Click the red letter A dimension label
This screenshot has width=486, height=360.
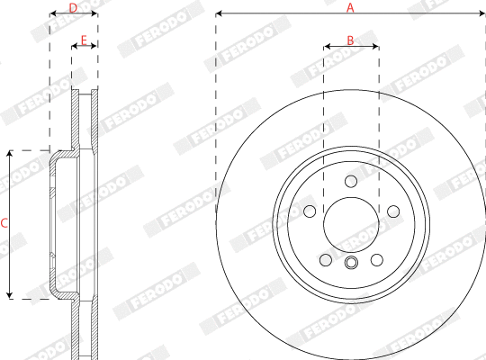351,6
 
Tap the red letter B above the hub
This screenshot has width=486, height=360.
351,41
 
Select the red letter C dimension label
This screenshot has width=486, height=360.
4,223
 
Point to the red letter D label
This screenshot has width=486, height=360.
73,7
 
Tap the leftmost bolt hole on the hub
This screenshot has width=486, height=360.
310,211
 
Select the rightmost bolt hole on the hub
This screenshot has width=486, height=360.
392,211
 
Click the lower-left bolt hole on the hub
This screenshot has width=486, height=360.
325,260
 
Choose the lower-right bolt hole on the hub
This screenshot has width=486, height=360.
376,260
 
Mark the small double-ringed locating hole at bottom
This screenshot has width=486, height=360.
351,263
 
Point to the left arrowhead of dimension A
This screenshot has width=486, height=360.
220,14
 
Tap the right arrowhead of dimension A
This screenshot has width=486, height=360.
481,14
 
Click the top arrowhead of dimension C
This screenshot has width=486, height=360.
10,154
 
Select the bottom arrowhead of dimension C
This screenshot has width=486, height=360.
10,294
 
